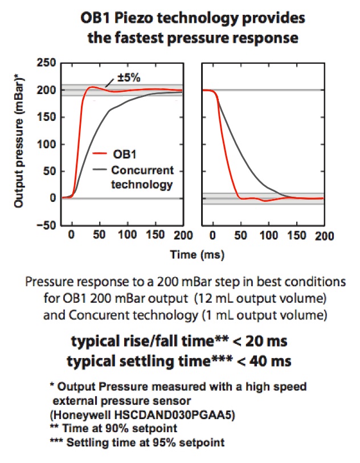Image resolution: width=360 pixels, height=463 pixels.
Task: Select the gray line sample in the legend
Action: (x=100, y=170)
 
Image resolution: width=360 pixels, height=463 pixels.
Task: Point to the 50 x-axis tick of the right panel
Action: (x=240, y=236)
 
